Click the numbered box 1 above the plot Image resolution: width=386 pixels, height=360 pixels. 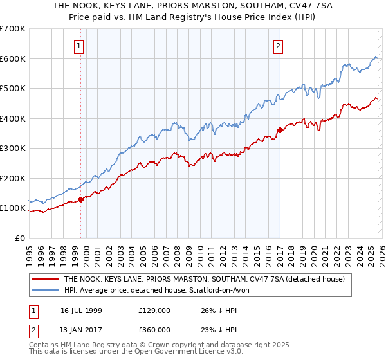(78, 46)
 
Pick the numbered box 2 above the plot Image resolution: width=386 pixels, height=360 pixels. (278, 46)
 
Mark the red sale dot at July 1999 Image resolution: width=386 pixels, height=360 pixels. (81, 199)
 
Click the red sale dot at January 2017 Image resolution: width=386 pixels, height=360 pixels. (280, 130)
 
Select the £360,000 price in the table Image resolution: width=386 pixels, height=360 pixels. (154, 329)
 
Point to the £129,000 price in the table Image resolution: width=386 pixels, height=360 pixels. (154, 310)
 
